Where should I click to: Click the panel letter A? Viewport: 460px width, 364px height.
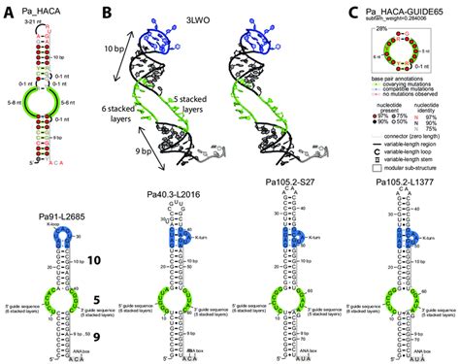coord(8,9)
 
